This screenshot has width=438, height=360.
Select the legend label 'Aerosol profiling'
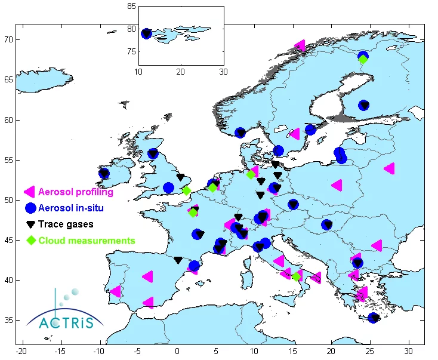click(75, 192)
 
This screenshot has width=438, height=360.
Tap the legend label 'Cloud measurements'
click(87, 241)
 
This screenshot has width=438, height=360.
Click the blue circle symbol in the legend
click(29, 208)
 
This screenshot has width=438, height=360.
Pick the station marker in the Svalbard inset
click(146, 33)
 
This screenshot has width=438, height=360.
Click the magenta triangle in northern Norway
click(300, 45)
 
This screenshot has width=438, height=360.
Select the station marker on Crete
click(374, 318)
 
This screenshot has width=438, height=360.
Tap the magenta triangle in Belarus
click(390, 168)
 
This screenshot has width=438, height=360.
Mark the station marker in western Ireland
click(104, 174)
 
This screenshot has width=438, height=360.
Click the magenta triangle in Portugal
click(116, 291)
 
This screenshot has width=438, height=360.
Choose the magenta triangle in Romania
click(377, 245)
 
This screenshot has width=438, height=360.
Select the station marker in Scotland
click(153, 154)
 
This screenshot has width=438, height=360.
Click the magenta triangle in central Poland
click(337, 185)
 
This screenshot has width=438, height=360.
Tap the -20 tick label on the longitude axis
click(22, 349)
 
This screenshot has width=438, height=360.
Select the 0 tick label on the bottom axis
click(177, 349)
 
